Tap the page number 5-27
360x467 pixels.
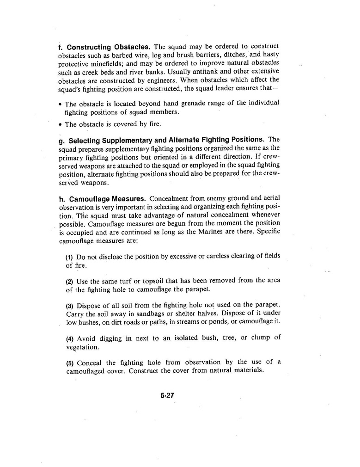(x=167, y=395)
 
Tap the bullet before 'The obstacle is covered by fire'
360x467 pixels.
(x=61, y=125)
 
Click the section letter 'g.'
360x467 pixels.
(x=62, y=140)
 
